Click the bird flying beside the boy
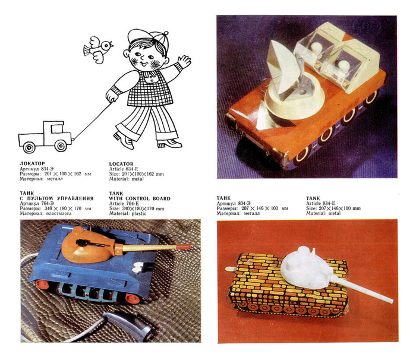coord(97,49)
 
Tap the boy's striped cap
coord(149,37)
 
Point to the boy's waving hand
coord(184,62)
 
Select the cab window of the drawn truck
coord(57,129)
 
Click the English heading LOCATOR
coord(121,164)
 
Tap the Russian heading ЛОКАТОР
coord(32,163)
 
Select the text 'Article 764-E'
coord(124,204)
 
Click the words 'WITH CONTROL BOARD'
coord(140,198)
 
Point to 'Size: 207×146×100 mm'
coord(333,209)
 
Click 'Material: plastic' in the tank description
coord(128,213)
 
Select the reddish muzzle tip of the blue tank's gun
coord(184,247)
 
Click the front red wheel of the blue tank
coord(133,298)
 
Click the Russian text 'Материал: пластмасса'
coord(46,213)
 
